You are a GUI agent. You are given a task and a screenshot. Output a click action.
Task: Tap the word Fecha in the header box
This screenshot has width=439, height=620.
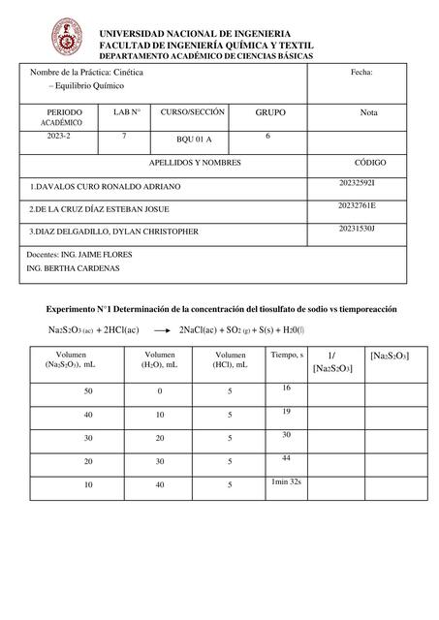pos(361,73)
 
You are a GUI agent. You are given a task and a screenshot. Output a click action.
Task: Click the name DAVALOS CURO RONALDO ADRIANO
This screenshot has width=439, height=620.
pos(106,185)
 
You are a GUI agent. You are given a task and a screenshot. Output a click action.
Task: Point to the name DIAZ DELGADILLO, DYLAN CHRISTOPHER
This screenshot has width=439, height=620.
pos(114,232)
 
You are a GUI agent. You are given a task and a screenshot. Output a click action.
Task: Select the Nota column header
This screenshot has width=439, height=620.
pos(368,113)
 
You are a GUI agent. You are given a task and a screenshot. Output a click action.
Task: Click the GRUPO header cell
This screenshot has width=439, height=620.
pos(269,113)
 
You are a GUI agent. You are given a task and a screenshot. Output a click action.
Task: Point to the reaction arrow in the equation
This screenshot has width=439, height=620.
pos(156,330)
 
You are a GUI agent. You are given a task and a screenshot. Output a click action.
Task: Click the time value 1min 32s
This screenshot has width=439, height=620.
pos(287,480)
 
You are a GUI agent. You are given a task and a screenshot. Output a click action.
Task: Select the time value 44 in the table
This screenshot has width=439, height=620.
pos(287,457)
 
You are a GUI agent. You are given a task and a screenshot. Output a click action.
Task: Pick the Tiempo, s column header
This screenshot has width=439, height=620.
pos(287,356)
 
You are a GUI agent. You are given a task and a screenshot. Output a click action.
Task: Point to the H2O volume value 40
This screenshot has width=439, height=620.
pos(160,483)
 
